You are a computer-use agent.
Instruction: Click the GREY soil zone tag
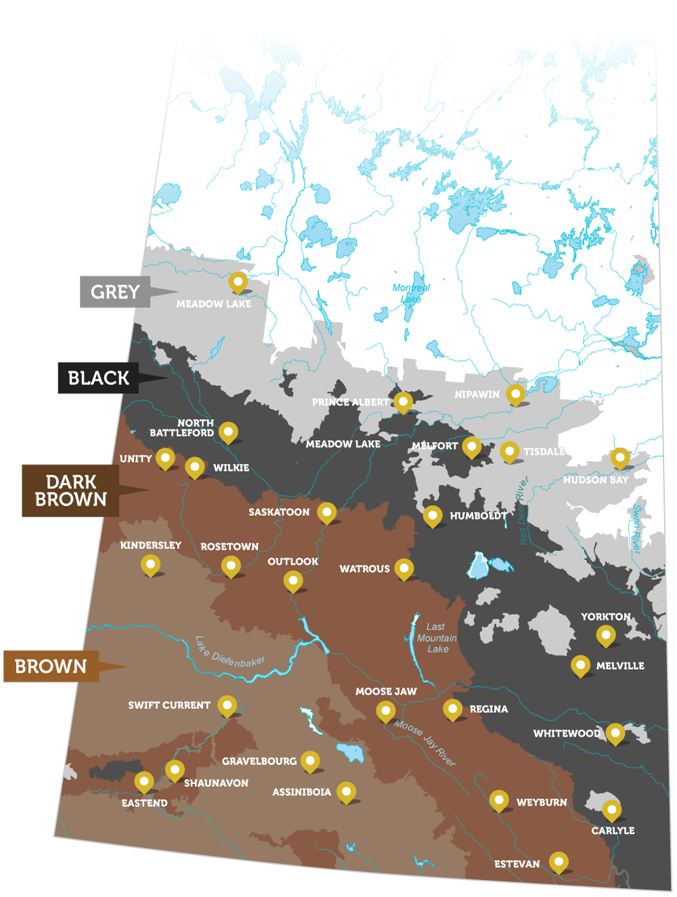tap(115, 292)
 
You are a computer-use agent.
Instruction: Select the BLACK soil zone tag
tap(98, 378)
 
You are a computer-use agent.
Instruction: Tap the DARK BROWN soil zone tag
tap(71, 491)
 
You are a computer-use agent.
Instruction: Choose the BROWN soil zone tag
tap(51, 666)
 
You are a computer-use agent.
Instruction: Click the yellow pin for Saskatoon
tap(327, 512)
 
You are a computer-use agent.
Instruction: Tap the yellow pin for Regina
tap(453, 709)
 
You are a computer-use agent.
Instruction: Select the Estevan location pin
tap(559, 862)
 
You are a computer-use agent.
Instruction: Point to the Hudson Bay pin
tap(620, 458)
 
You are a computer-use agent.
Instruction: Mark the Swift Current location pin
tap(227, 705)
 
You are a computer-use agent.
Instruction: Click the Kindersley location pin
tap(150, 564)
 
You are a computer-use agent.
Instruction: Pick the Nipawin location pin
tap(516, 393)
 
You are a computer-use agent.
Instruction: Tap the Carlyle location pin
tap(611, 809)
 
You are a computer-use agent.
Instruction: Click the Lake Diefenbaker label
tap(230, 652)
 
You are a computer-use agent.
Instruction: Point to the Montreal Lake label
tap(411, 293)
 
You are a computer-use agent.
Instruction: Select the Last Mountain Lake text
tap(437, 638)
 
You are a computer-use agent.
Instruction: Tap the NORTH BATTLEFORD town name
tap(181, 428)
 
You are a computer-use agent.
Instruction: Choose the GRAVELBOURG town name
tap(259, 761)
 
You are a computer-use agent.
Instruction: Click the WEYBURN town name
tap(542, 802)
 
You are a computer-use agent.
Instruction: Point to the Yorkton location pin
tap(606, 635)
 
